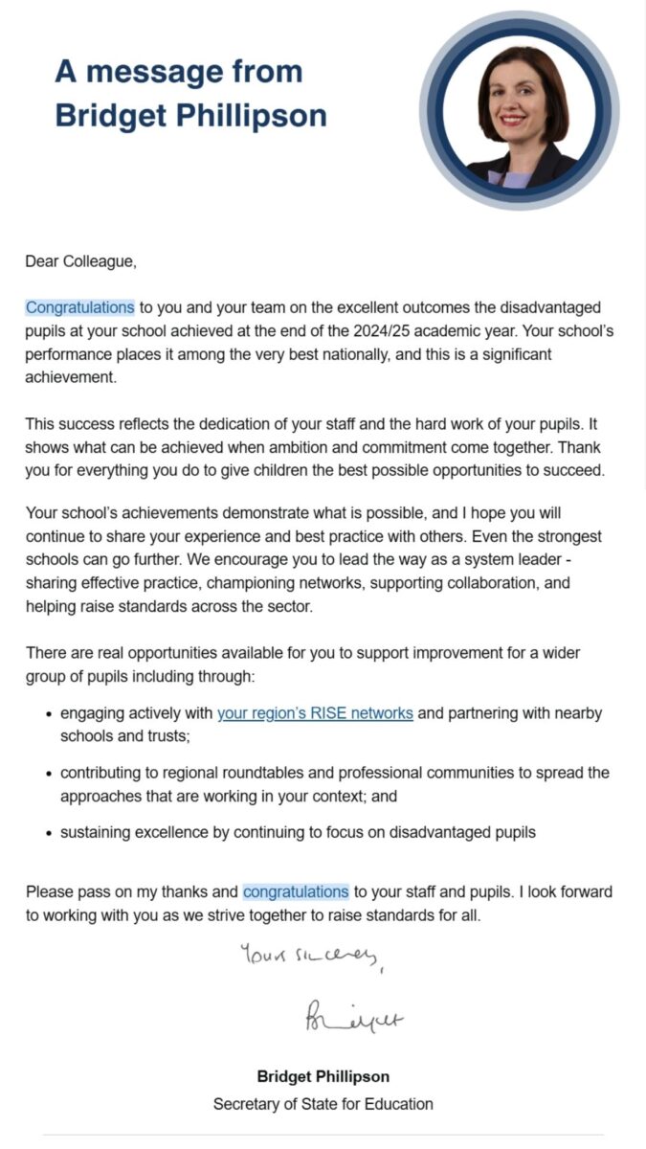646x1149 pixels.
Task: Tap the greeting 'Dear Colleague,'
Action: (81, 259)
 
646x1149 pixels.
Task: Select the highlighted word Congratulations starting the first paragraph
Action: (79, 307)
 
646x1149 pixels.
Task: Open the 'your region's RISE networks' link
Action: (315, 713)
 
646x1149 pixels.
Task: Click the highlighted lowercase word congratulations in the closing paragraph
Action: (296, 891)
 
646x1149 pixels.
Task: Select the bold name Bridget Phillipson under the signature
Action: (323, 1076)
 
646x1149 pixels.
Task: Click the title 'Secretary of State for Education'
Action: (323, 1104)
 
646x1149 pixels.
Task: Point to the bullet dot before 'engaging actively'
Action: (48, 714)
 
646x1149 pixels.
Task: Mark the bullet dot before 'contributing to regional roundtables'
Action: (48, 774)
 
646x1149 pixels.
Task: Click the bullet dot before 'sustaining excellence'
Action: (48, 833)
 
